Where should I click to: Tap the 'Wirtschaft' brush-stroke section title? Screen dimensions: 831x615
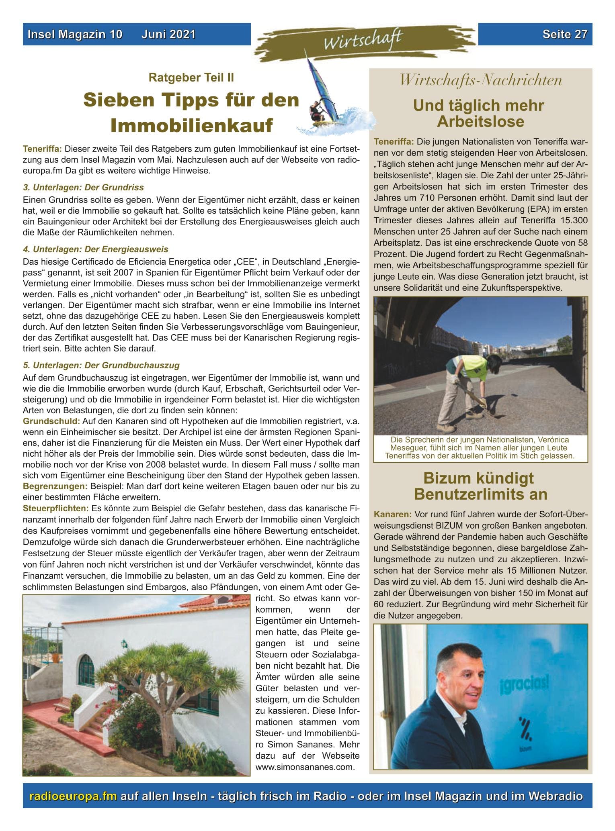point(362,40)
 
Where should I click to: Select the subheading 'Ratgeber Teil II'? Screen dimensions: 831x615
point(191,77)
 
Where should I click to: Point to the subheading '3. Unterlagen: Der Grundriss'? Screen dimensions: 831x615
point(83,187)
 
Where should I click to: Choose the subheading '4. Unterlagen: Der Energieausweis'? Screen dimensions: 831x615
point(96,249)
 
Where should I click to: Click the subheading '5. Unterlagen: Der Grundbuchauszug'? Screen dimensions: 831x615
point(101,365)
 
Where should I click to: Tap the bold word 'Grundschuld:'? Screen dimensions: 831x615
point(51,421)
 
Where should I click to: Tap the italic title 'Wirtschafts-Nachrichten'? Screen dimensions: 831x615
point(480,80)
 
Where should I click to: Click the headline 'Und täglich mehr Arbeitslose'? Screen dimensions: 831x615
point(480,113)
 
